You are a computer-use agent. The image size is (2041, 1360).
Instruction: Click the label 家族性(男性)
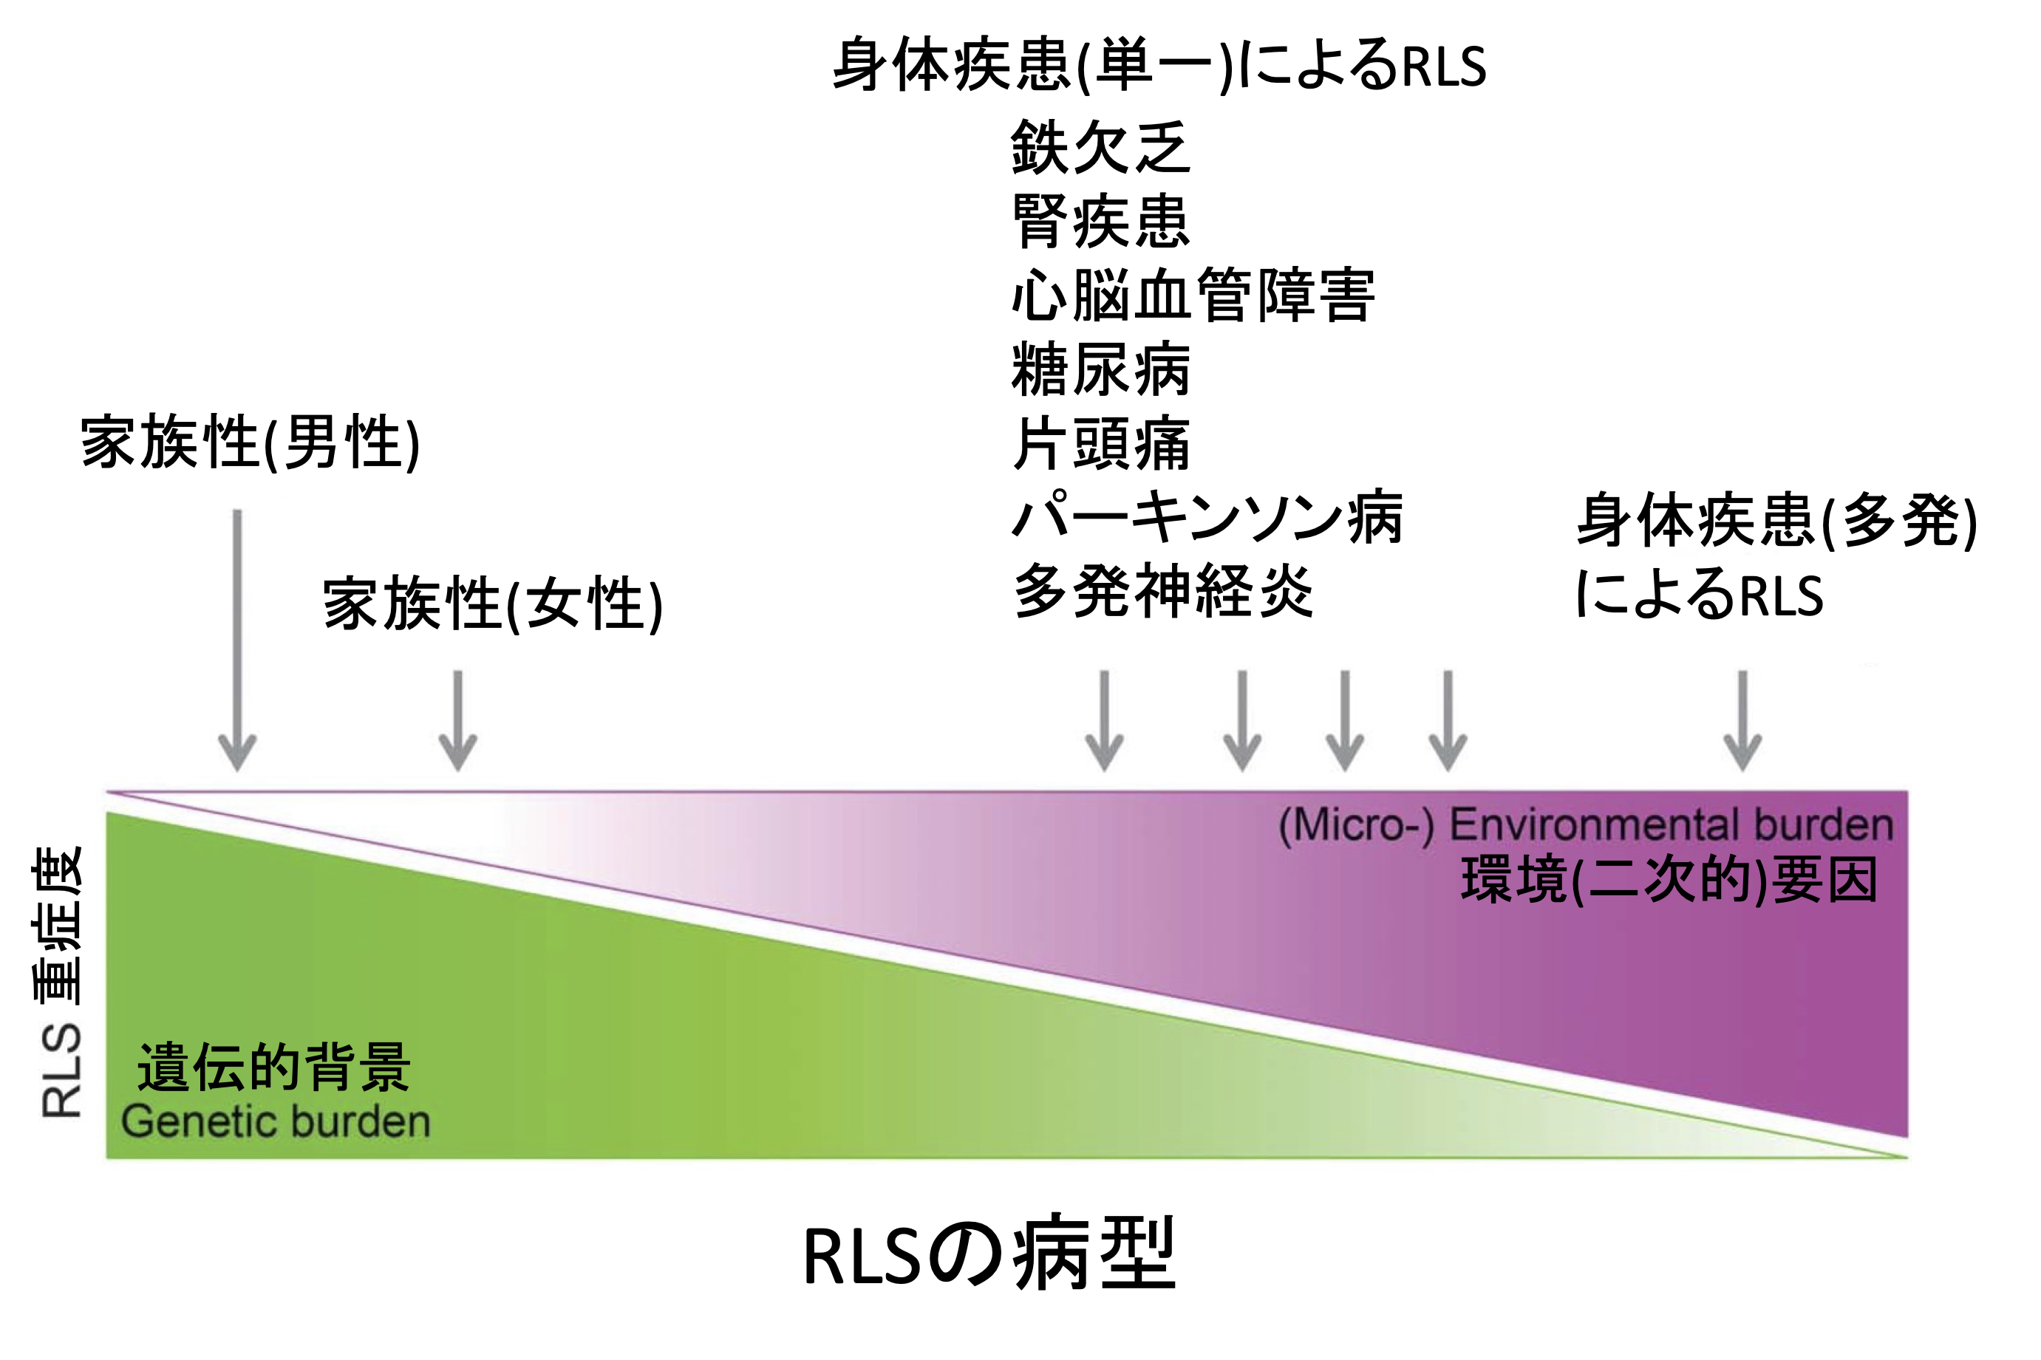250,442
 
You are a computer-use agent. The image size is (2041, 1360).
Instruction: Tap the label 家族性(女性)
492,604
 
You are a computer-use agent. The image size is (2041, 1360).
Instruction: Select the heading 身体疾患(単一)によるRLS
1159,65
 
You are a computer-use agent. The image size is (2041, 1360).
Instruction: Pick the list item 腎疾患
1099,221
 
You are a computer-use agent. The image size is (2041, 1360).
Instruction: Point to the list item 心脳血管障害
1193,295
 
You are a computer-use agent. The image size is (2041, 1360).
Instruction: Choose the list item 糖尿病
1099,369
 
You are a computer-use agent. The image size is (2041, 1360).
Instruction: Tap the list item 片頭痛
1099,443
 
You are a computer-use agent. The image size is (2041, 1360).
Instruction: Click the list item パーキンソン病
1207,517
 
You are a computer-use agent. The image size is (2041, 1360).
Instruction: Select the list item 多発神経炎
1162,591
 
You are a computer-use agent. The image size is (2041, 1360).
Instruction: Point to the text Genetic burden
276,1121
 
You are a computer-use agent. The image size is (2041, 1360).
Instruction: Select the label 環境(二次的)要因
1669,881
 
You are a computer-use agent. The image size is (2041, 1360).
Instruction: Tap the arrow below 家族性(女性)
457,720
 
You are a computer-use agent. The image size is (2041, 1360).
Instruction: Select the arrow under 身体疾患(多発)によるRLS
1742,720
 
